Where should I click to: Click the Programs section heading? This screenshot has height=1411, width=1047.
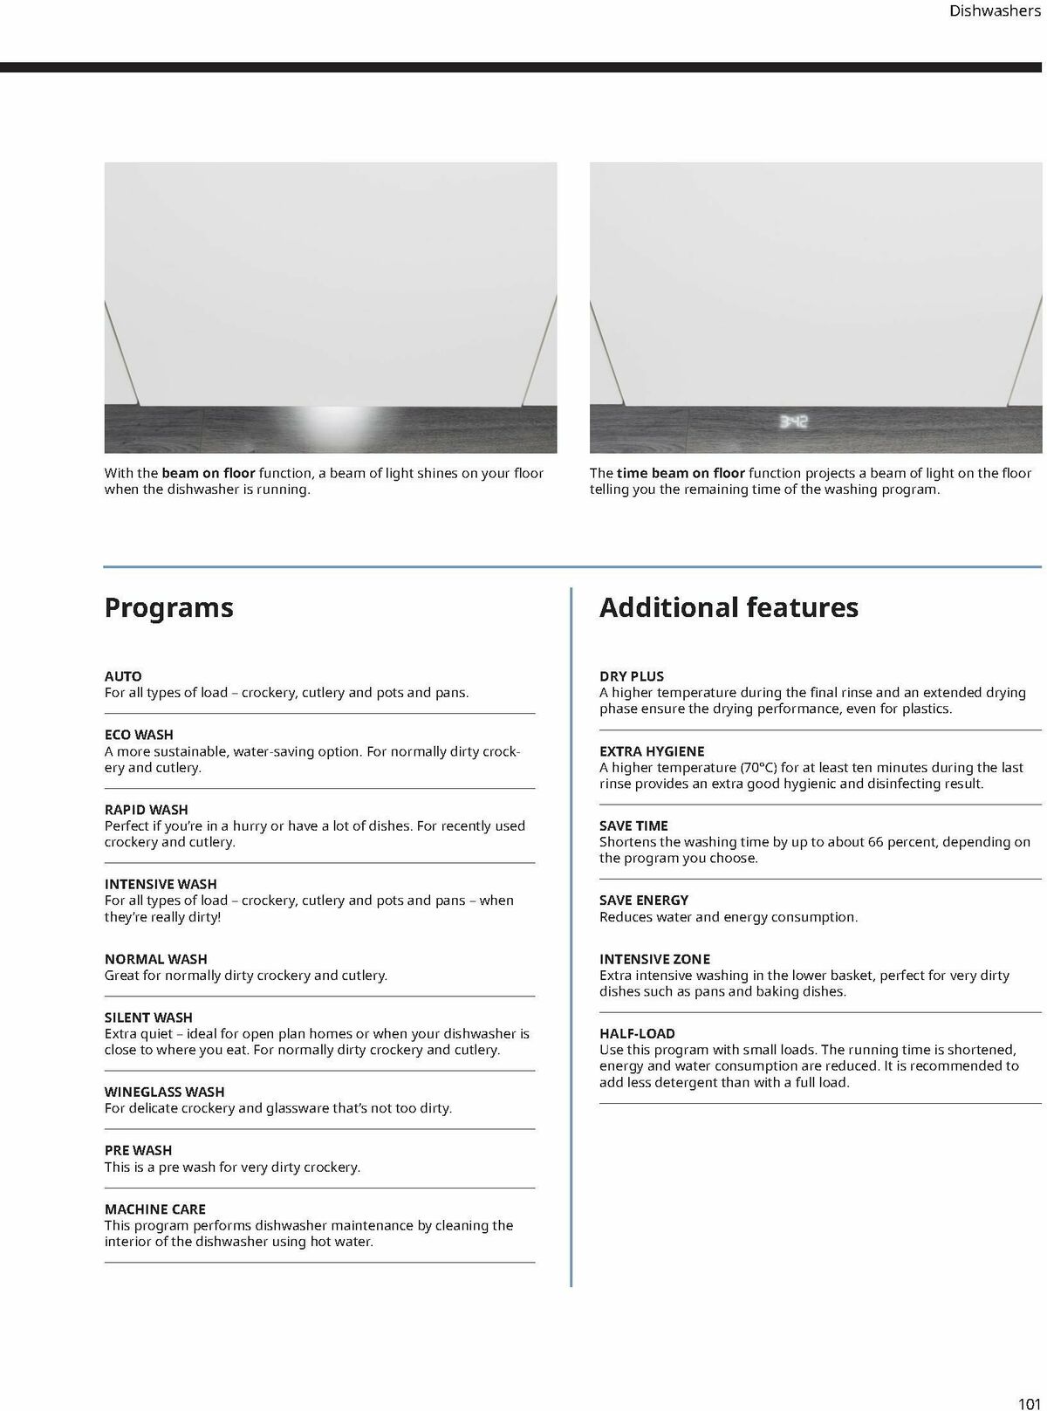168,607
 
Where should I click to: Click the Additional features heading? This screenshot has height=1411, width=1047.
729,607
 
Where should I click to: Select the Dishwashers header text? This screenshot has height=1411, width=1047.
994,11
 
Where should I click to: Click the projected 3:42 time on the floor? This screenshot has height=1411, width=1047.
793,422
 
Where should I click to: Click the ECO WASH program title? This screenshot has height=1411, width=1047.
139,735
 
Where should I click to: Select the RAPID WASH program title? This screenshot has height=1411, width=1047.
146,810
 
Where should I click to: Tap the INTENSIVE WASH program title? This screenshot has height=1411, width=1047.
161,884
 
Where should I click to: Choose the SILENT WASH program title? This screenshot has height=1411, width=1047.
148,1017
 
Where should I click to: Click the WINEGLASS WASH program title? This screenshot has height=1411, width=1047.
164,1092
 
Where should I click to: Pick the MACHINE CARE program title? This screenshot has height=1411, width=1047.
155,1209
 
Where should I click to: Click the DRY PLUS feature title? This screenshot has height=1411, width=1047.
632,676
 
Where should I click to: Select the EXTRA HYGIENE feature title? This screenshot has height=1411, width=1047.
652,751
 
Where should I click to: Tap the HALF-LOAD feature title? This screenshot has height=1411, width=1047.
637,1033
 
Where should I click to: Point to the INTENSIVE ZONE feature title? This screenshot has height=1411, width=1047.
654,959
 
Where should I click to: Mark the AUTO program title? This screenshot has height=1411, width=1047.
123,676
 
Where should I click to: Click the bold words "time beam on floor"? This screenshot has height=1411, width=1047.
681,473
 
